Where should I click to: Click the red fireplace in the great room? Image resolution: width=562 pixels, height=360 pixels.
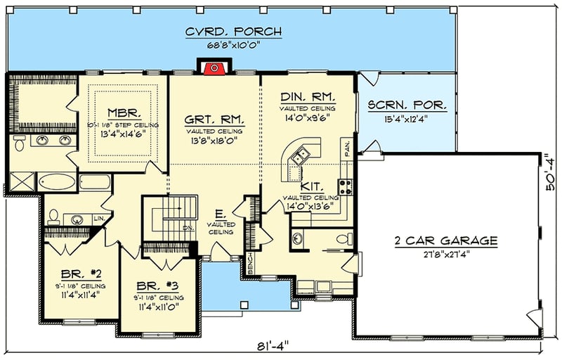click(213, 68)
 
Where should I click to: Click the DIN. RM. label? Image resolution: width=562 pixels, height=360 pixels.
click(307, 97)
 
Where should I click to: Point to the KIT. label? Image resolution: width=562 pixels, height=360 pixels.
click(311, 187)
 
